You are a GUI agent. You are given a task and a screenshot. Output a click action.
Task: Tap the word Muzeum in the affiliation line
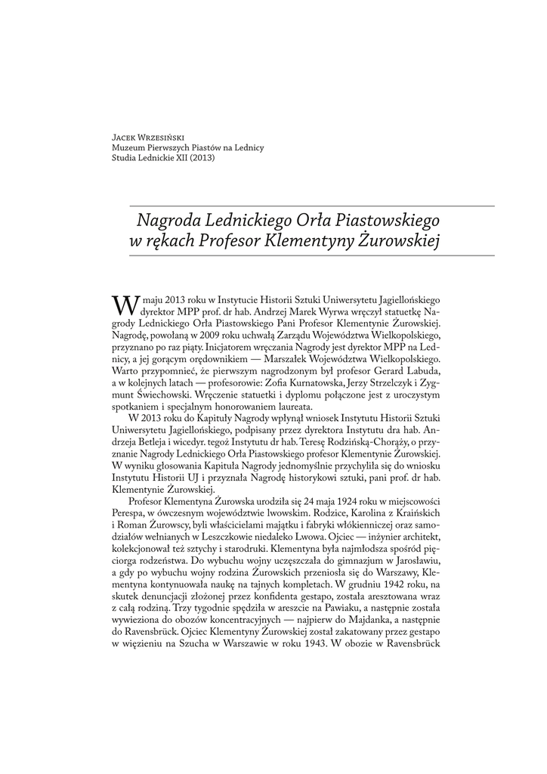click(x=127, y=148)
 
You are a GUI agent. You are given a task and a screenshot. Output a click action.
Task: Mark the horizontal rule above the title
click(x=313, y=206)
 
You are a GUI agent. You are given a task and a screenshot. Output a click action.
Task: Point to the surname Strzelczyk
click(x=385, y=383)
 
